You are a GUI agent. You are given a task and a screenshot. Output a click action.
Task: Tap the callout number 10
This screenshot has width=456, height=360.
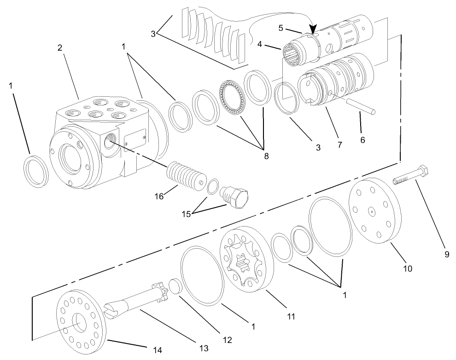pos(408,268)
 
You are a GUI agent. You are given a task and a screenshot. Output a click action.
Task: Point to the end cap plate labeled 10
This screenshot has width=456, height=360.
pos(374,210)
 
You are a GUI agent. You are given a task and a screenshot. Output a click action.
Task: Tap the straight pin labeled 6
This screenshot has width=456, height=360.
pos(362,109)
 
